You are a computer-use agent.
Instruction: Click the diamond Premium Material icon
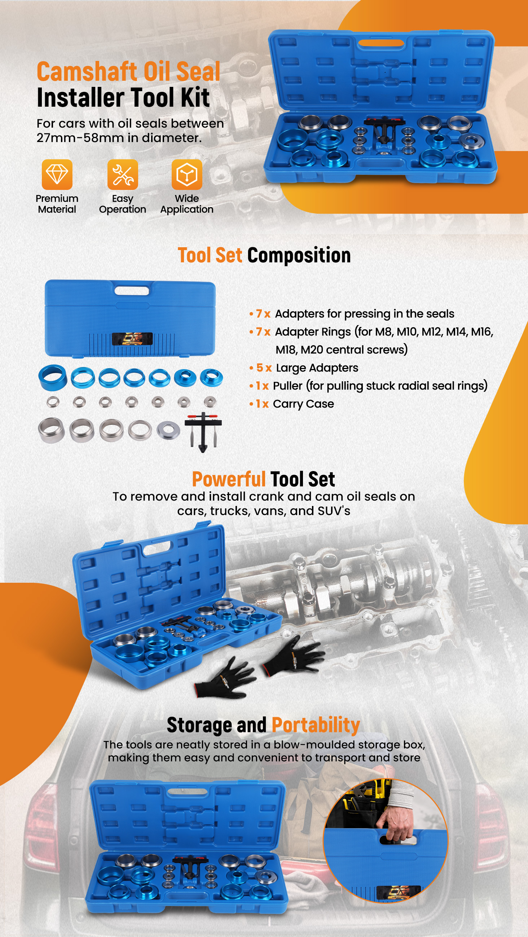[57, 174]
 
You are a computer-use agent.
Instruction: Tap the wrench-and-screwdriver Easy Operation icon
[122, 174]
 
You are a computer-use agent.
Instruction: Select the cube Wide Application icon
[187, 174]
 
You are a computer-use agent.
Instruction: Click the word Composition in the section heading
[299, 256]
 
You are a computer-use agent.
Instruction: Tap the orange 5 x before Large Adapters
[264, 368]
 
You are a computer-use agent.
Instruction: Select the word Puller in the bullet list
[288, 386]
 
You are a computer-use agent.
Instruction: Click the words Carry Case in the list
[303, 404]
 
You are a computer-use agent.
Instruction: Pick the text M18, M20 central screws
[342, 350]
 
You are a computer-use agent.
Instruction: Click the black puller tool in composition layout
[203, 432]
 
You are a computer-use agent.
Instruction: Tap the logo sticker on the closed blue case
[132, 339]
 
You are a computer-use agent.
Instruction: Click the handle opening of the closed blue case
[132, 290]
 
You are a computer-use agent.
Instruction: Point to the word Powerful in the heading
[229, 479]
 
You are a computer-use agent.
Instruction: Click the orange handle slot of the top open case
[381, 43]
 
